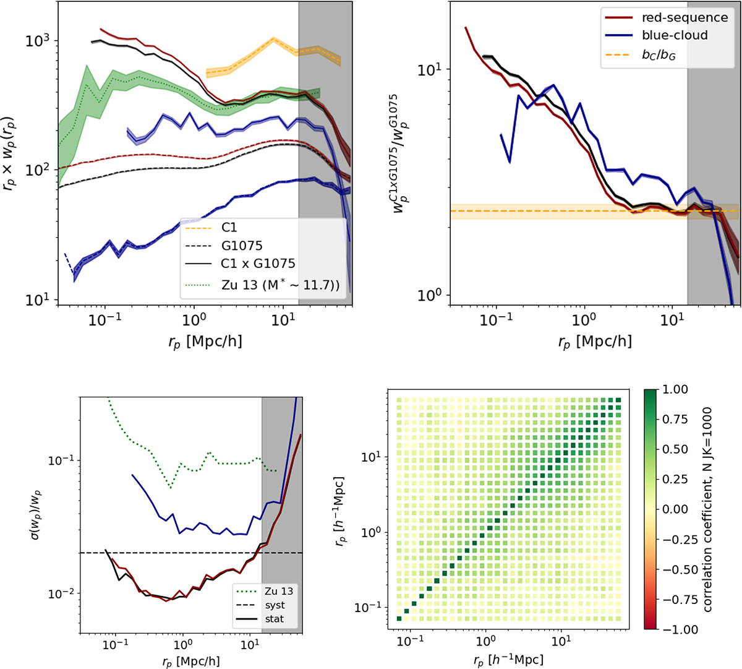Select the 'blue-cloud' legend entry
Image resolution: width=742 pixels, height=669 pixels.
pyautogui.click(x=673, y=35)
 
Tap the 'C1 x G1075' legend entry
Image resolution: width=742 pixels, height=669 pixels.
pyautogui.click(x=258, y=264)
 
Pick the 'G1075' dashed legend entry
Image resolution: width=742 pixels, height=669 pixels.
pyautogui.click(x=242, y=246)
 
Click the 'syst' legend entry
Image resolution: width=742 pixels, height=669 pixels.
pyautogui.click(x=274, y=605)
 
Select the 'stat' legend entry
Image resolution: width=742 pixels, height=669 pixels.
pyautogui.click(x=274, y=618)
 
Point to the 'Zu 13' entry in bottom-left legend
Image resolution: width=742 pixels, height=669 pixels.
pyautogui.click(x=278, y=591)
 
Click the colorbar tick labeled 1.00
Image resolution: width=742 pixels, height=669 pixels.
pyautogui.click(x=675, y=389)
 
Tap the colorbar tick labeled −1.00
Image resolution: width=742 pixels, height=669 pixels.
pyautogui.click(x=675, y=629)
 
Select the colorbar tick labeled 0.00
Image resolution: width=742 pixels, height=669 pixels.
pyautogui.click(x=675, y=509)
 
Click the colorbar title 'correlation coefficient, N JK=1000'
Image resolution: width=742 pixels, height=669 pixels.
pyautogui.click(x=707, y=509)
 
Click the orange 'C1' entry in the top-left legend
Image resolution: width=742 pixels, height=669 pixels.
pyautogui.click(x=229, y=228)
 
